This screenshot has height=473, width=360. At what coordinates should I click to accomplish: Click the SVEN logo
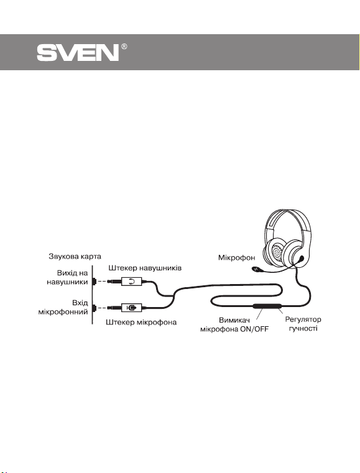78,53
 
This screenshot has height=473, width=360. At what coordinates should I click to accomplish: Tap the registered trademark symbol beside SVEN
124,47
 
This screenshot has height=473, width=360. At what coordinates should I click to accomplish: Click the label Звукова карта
75,257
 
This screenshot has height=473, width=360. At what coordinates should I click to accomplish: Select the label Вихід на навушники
67,278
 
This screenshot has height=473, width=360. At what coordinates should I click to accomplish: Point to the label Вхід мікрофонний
63,307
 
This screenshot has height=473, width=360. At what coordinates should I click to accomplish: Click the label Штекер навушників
145,268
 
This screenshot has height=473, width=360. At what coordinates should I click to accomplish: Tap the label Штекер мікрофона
141,322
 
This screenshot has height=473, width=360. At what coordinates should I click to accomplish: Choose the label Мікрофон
236,257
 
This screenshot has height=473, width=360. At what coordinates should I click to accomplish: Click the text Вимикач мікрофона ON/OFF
234,324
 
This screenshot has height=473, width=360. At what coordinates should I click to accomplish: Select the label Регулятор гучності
303,324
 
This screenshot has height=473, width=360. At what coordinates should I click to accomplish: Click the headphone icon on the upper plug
131,282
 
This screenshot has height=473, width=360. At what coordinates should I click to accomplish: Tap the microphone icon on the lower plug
131,308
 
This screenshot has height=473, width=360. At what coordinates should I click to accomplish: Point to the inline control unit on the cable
267,306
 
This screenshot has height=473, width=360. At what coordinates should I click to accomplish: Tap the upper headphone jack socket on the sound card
94,282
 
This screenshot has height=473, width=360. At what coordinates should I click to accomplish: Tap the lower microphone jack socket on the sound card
94,308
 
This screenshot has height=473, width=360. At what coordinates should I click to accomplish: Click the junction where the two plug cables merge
173,296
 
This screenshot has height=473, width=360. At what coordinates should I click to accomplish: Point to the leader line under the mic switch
259,314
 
